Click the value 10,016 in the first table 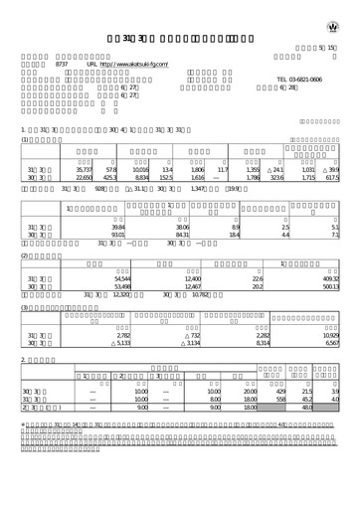[139, 173]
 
